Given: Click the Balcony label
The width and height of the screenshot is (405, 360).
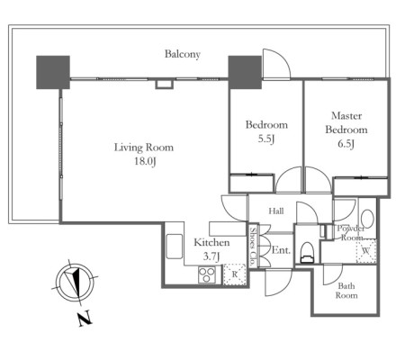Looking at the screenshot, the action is [183, 54].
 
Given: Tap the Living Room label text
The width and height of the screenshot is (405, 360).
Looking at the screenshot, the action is [144, 148].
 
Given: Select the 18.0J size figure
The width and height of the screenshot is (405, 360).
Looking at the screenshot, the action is [145, 161].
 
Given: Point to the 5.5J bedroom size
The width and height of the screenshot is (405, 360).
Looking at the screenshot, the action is [266, 139].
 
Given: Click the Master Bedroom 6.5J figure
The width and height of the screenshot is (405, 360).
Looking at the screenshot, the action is [346, 144].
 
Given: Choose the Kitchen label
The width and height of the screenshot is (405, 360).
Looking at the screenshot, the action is [211, 242].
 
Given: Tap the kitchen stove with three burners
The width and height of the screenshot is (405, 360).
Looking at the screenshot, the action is [207, 274].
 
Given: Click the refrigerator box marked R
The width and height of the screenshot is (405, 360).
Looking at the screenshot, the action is [235, 274].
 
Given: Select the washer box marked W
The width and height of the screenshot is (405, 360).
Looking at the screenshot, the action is [365, 251].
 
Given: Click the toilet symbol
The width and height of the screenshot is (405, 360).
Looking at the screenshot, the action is [307, 253].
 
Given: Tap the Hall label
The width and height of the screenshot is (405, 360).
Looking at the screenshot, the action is [276, 211].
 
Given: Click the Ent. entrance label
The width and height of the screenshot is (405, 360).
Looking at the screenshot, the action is [281, 250].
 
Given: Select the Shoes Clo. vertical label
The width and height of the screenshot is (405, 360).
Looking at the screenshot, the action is [254, 247].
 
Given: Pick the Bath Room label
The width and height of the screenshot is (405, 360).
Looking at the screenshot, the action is [346, 291].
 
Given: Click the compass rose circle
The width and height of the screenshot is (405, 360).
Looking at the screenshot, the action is [75, 283].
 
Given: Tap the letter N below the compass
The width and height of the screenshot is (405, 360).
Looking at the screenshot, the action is [85, 319].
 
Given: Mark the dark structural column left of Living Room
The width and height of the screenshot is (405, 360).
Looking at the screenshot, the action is [53, 72].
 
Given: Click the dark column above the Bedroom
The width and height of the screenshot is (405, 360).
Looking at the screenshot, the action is [245, 72].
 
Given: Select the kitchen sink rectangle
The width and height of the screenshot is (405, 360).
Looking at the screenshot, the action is [175, 247].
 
